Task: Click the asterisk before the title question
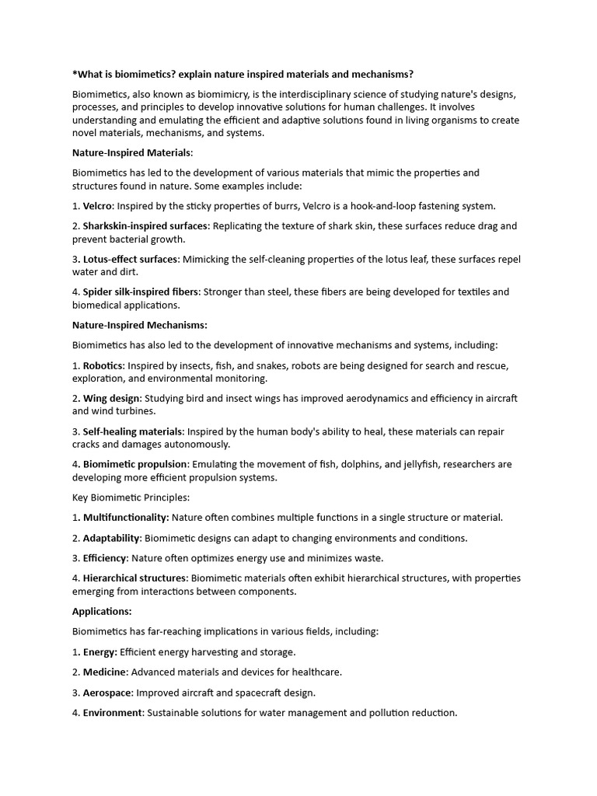(75, 74)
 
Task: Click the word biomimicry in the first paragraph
(211, 94)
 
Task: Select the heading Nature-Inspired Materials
(133, 152)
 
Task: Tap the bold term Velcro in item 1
(98, 206)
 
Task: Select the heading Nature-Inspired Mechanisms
(140, 325)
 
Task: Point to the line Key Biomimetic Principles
(131, 497)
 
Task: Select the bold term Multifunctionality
(126, 517)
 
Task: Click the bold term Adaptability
(112, 538)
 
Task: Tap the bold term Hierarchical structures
(134, 578)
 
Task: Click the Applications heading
(102, 611)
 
